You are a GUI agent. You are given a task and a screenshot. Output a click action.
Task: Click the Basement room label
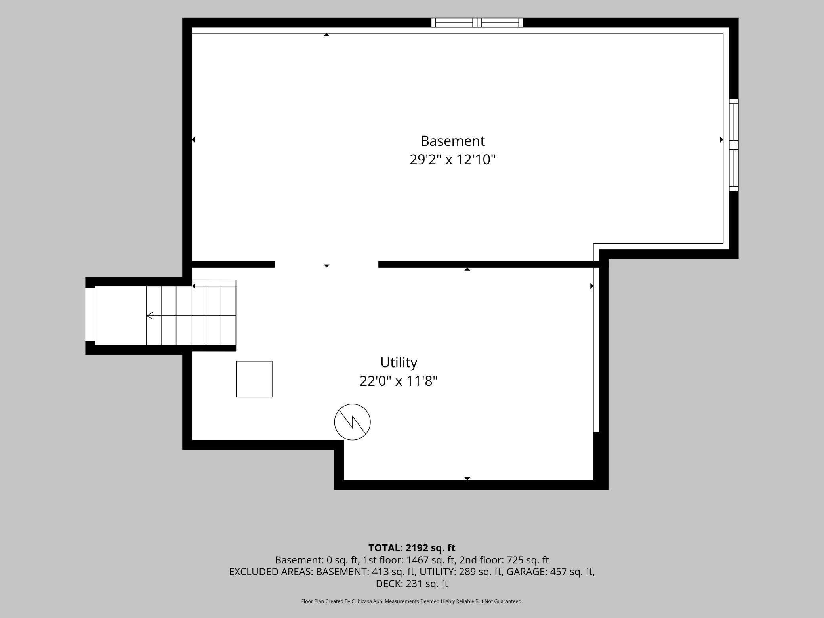point(452,141)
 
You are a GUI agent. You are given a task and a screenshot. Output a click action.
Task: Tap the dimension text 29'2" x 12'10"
point(452,160)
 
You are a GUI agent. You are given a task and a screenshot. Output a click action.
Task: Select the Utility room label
point(399,362)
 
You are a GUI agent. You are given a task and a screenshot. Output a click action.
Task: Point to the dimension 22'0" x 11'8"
point(399,381)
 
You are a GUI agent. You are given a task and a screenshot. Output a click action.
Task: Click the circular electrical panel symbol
point(352,422)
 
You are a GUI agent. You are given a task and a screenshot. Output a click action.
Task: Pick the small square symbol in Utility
point(254,379)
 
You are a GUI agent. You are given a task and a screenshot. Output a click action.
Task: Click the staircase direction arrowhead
point(150,316)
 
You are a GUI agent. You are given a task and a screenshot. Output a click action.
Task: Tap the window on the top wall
point(477,23)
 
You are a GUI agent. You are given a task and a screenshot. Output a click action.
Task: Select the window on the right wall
point(734,145)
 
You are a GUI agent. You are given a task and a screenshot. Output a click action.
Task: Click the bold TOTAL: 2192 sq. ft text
point(412,548)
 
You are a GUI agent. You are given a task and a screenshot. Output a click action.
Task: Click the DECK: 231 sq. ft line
point(412,584)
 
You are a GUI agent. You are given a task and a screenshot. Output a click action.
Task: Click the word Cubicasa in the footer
point(362,601)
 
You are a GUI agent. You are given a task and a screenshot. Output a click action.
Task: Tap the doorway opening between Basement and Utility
point(326,264)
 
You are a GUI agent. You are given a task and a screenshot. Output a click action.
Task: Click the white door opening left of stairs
point(90,315)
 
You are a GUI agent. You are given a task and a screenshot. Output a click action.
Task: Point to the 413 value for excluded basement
point(380,572)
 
